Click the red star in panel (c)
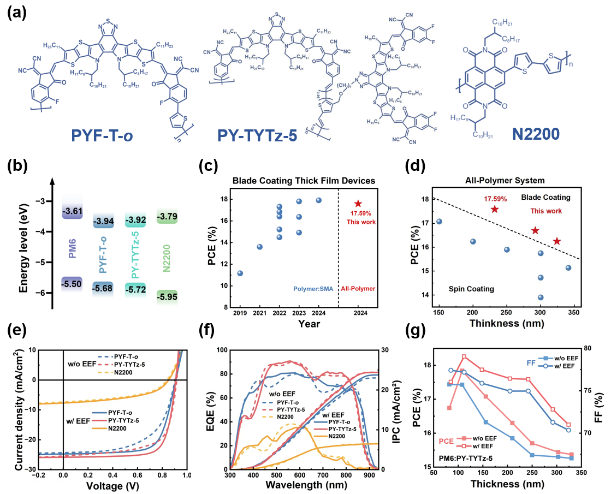click(358, 204)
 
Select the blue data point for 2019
click(240, 273)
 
